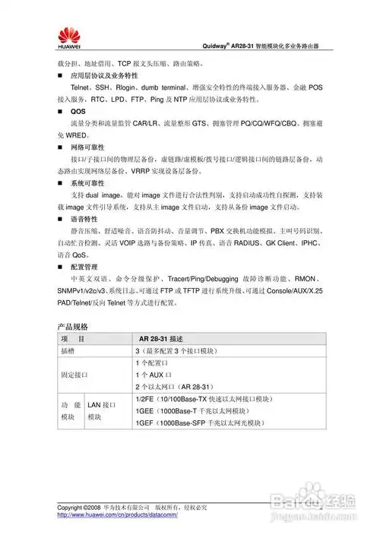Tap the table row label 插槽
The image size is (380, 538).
tap(68, 351)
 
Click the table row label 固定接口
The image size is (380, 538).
tap(74, 375)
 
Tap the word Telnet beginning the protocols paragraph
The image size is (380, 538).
tap(81, 88)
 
